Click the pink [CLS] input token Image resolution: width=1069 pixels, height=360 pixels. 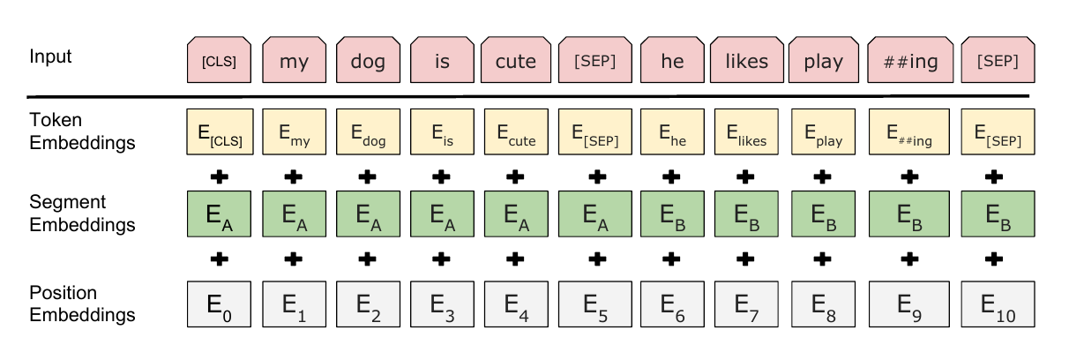(x=219, y=60)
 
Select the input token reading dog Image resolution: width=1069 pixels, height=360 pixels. (x=368, y=60)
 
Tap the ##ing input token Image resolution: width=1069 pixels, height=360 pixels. (x=910, y=60)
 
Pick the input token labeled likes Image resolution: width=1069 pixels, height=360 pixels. (x=747, y=60)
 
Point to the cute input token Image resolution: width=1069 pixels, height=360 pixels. (x=516, y=60)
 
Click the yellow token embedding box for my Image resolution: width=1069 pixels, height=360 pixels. (x=294, y=131)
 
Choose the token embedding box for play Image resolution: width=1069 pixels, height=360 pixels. (x=823, y=131)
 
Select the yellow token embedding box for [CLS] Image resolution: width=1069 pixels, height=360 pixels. (x=220, y=131)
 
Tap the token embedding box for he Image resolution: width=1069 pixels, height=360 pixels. (x=672, y=131)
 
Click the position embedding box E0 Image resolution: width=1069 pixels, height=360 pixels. (x=219, y=304)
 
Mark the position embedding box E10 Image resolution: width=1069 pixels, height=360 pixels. (x=998, y=304)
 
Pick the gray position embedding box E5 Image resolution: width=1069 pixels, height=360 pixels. (x=595, y=304)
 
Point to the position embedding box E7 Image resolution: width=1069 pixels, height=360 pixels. (x=746, y=304)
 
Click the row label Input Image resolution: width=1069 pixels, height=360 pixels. (x=50, y=56)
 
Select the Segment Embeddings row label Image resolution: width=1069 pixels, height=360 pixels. (x=82, y=214)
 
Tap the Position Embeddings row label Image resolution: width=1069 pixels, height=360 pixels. (x=82, y=304)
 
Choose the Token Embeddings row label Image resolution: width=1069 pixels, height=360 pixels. (x=82, y=131)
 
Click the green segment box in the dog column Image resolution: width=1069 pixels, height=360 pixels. (x=368, y=214)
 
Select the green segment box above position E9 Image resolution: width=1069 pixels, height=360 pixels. (x=909, y=214)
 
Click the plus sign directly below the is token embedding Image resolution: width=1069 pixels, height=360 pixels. (x=441, y=177)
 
